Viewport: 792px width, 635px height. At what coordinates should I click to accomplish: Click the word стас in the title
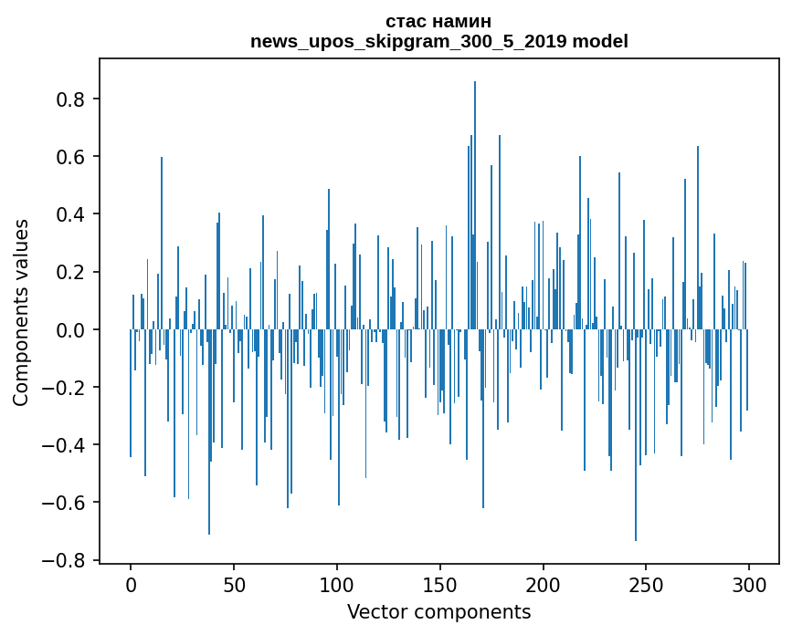coord(406,21)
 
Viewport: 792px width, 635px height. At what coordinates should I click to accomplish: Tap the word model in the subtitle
coord(600,41)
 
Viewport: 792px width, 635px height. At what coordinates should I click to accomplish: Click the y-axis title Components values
coord(21,312)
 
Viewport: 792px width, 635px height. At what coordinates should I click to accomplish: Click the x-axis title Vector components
coord(438,611)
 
